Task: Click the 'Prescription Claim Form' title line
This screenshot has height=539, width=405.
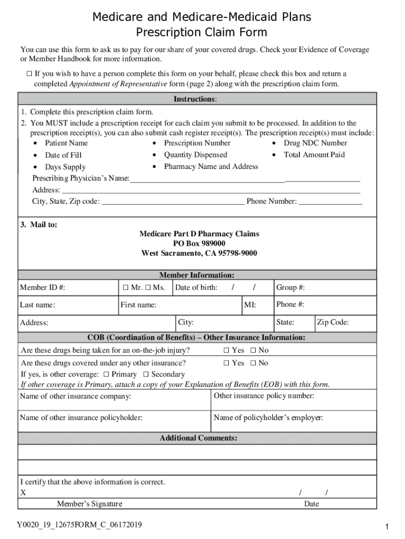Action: pyautogui.click(x=202, y=33)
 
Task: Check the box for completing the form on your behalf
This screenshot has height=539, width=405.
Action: pyautogui.click(x=29, y=74)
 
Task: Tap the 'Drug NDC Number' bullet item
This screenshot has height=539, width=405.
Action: pyautogui.click(x=315, y=143)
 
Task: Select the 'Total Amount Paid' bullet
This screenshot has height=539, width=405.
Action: pyautogui.click(x=314, y=155)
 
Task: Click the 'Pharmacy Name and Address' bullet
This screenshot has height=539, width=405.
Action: pyautogui.click(x=211, y=167)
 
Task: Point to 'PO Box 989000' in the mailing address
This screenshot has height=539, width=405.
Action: pyautogui.click(x=199, y=244)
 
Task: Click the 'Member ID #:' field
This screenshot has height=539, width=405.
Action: pyautogui.click(x=68, y=287)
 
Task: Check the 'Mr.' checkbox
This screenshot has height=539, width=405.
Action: pyautogui.click(x=126, y=287)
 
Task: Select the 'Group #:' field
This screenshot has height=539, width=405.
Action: pyautogui.click(x=325, y=287)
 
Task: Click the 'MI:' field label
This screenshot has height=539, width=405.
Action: pyautogui.click(x=250, y=305)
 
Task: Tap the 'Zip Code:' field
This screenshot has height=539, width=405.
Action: pyautogui.click(x=345, y=323)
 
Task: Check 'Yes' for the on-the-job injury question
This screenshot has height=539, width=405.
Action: pyautogui.click(x=226, y=351)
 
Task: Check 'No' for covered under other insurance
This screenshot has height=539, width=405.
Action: pyautogui.click(x=253, y=363)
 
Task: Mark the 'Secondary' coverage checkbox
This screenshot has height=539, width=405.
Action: pyautogui.click(x=146, y=375)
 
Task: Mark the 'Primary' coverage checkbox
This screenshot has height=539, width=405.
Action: pyautogui.click(x=107, y=375)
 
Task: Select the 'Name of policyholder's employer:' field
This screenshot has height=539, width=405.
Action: pyautogui.click(x=295, y=421)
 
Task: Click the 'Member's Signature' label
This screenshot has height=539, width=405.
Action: pyautogui.click(x=89, y=504)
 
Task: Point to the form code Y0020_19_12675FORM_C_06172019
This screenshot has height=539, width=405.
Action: pyautogui.click(x=79, y=525)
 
